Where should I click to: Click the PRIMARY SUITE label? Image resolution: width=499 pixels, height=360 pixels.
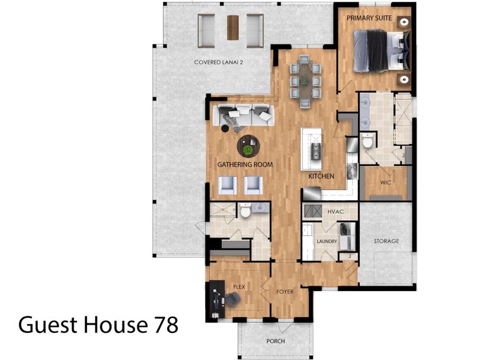369,19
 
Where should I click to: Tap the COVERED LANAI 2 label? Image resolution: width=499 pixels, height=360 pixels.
223,62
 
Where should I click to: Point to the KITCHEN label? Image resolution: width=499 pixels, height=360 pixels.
321,176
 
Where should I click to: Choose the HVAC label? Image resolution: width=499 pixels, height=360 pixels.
335,212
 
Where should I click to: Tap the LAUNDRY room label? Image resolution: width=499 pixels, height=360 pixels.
327,241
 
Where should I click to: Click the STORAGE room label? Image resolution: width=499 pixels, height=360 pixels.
386,241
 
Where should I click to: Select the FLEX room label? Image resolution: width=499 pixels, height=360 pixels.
239,287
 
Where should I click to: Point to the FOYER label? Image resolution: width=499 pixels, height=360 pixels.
285,292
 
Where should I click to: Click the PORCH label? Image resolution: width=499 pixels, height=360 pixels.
276,341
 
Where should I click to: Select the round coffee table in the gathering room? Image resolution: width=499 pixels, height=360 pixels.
248,145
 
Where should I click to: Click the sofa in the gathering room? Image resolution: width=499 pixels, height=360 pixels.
243,114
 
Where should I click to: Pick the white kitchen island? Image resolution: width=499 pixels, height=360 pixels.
311,148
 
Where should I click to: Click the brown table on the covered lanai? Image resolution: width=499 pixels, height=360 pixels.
232,26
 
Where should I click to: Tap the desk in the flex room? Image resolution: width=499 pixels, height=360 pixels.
215,298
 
